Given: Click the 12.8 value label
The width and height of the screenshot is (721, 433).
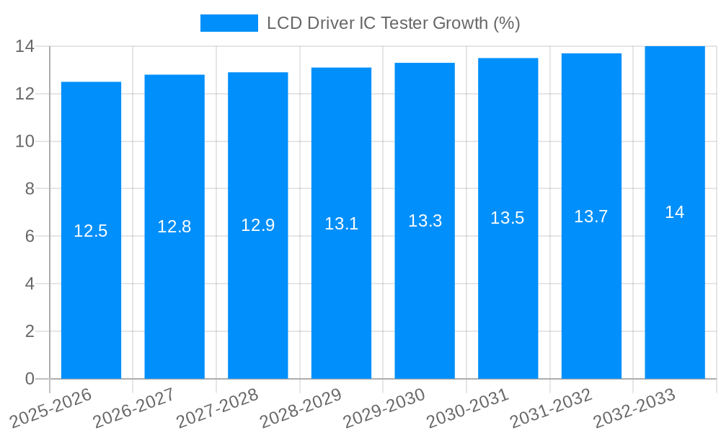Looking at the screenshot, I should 174,227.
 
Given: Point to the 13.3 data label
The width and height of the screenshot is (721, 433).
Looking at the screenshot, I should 425,221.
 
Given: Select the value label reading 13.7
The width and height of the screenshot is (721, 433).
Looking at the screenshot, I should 591,216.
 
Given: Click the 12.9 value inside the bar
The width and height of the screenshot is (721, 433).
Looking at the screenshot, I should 257,225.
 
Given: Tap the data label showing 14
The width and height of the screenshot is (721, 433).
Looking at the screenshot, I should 675,212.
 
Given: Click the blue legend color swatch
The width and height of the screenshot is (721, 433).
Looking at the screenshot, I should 229,23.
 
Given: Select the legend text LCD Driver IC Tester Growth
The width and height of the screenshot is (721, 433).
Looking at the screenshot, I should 393,23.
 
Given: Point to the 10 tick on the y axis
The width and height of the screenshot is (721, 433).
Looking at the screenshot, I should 25,141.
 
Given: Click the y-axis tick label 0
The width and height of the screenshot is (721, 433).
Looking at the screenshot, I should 30,379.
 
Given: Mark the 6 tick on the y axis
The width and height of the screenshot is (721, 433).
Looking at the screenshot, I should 30,237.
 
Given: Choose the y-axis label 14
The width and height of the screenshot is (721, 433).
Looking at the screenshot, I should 25,46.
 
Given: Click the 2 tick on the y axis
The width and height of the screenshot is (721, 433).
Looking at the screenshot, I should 30,331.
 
